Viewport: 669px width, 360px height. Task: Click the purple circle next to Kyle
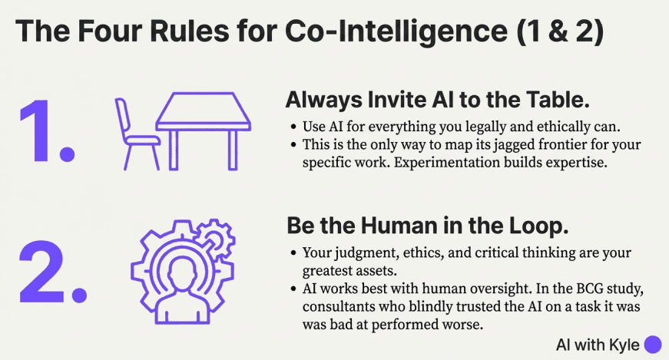[653, 345]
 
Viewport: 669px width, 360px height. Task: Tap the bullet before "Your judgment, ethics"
[296, 253]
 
